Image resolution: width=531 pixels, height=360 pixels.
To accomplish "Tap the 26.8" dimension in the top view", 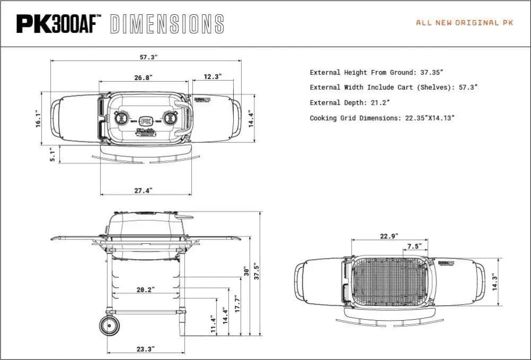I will [x=143, y=78].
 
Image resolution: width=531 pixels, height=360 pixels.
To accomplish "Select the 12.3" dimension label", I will [x=212, y=76].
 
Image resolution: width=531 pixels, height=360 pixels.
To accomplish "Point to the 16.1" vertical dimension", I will [x=37, y=118].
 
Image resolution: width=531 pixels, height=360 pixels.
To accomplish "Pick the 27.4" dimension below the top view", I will [x=143, y=190].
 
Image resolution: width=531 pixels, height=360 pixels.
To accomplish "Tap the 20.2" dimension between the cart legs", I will [x=144, y=290].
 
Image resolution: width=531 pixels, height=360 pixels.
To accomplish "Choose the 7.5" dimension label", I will [x=414, y=246].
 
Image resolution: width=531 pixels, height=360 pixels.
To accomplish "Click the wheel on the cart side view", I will [x=110, y=324].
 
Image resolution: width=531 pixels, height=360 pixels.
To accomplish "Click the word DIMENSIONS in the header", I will [x=167, y=24].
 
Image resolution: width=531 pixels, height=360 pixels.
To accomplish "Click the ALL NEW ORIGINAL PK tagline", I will [x=465, y=23].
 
